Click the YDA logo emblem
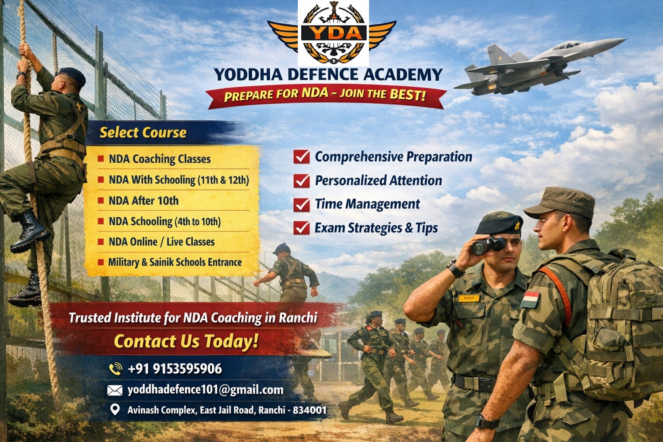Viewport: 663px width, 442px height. point(333,33)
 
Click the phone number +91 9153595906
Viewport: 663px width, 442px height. point(175,369)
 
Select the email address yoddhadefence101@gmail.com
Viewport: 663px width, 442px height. point(205,390)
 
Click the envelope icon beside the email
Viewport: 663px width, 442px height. point(115,391)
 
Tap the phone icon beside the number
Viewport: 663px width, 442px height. point(115,369)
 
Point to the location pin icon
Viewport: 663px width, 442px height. point(115,409)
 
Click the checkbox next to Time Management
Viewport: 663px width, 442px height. point(301,204)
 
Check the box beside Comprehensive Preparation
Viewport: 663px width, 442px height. point(301,157)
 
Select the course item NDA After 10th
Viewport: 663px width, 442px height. point(144,201)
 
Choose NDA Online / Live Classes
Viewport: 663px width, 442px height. point(161,242)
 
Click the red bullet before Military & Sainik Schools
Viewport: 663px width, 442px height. point(101,262)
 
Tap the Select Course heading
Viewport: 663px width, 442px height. point(143,133)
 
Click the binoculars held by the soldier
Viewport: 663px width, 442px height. point(488,245)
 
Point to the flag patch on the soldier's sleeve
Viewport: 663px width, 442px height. point(530,299)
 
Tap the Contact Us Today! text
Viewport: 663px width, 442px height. point(186,341)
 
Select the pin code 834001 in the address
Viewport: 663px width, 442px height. point(309,410)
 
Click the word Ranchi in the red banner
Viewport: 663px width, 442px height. point(298,318)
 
